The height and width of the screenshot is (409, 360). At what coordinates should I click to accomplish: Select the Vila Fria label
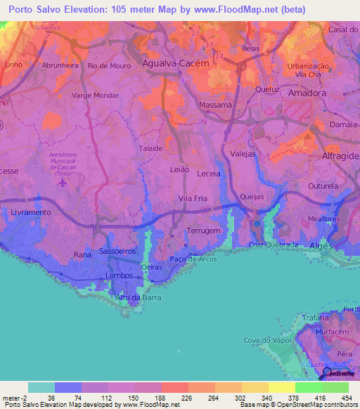pyautogui.click(x=193, y=199)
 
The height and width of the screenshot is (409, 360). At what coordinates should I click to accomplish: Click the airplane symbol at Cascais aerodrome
pyautogui.click(x=63, y=183)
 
